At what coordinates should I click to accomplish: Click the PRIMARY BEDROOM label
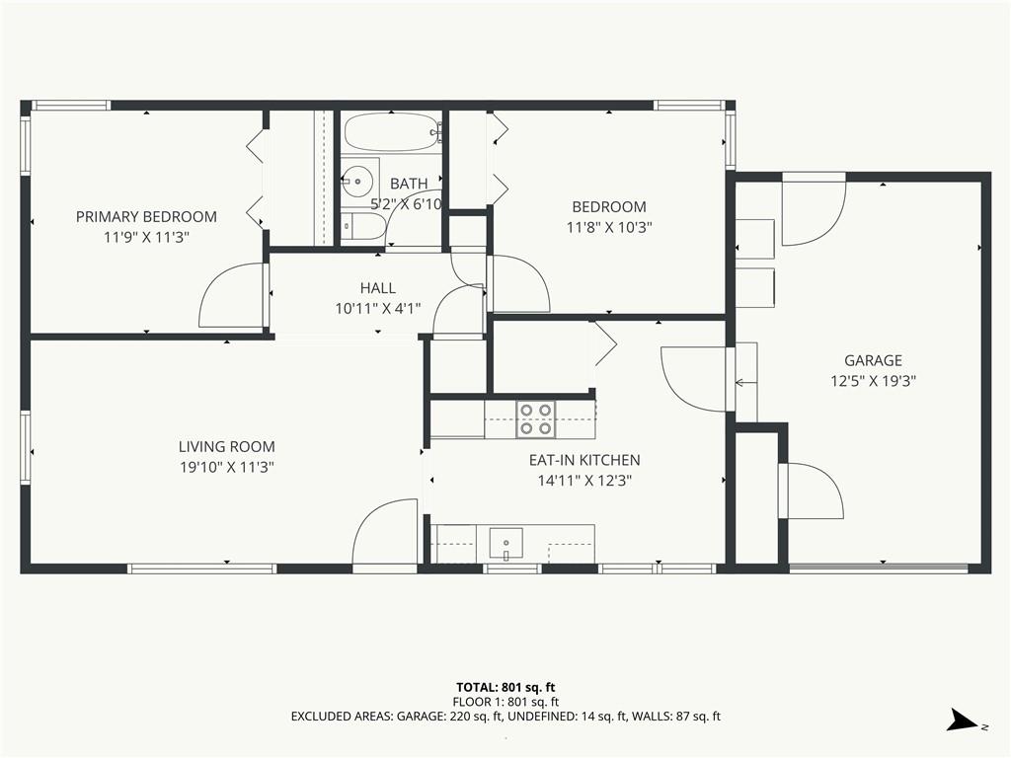coord(146,216)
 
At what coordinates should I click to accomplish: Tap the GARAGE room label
coord(873,360)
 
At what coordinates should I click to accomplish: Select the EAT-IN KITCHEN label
coord(584,460)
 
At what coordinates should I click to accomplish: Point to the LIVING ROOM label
coord(227,446)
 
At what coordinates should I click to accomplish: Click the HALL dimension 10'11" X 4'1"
coord(378,309)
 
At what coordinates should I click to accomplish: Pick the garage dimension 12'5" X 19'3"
coord(873,381)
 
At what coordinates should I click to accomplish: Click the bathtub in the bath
coord(391,133)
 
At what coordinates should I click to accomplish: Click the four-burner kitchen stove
coord(536,418)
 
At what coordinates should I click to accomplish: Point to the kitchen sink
coord(506,544)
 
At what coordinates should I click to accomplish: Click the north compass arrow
coord(964,720)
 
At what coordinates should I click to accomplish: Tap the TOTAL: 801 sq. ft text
coord(505,687)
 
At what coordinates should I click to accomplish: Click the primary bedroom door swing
coord(233,295)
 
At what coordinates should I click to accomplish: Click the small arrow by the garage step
coord(746,383)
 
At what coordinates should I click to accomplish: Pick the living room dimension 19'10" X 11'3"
coord(227,467)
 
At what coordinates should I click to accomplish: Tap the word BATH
coord(409,184)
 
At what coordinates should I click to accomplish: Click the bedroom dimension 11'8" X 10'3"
coord(609,228)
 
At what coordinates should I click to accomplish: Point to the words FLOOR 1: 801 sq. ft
coord(505,702)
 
